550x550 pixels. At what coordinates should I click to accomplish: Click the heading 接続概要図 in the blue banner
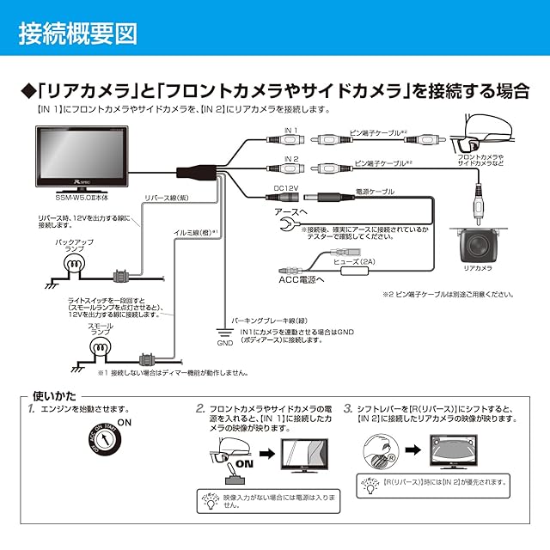pos(77,34)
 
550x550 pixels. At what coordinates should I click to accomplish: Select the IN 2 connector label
pos(290,158)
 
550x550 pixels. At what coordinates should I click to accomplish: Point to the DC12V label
pos(285,188)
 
